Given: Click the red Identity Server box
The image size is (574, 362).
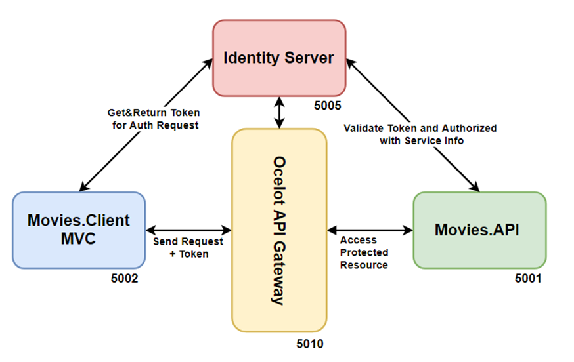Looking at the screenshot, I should [278, 58].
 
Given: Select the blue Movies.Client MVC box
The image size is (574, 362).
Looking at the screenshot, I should [78, 230].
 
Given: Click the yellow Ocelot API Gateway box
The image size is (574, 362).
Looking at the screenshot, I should [279, 230].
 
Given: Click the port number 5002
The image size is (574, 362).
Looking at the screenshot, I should [125, 278].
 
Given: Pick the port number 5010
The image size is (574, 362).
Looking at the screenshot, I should [309, 343].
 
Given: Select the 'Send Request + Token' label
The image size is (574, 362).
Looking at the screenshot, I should [188, 247].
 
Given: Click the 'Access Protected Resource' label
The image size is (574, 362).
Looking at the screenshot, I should [364, 252].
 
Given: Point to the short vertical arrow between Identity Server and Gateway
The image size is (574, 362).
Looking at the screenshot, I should [280, 112].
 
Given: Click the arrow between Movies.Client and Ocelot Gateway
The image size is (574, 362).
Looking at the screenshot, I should [188, 230].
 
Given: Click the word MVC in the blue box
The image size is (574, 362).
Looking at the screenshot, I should [78, 239].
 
